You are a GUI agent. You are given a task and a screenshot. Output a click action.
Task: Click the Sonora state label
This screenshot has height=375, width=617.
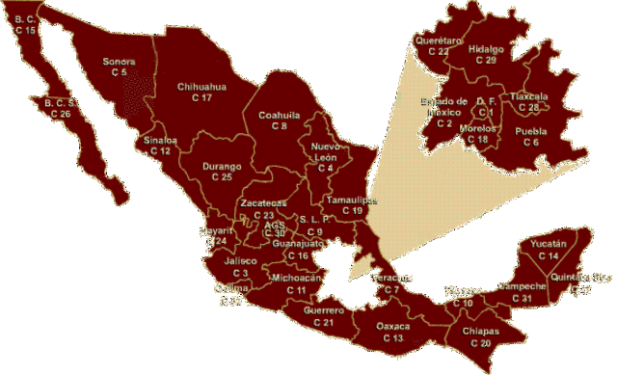tap(119, 62)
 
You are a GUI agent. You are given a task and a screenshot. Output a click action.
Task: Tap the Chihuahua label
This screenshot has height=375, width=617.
tap(201, 87)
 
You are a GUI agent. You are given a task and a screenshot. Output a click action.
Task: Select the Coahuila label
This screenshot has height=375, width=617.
tap(280, 115)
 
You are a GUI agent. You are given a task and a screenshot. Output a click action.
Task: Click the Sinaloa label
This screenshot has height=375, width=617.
tap(160, 141)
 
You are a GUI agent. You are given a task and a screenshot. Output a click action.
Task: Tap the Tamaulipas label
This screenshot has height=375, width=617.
tap(351, 200)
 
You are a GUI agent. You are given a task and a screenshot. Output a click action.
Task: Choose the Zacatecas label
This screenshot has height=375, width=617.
tap(263, 203)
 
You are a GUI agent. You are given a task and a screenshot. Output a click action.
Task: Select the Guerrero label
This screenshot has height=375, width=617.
tap(323, 310)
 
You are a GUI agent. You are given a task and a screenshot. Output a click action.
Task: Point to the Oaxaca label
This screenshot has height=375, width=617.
tap(392, 327)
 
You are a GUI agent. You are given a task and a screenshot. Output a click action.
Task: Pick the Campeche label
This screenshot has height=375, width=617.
tap(522, 287)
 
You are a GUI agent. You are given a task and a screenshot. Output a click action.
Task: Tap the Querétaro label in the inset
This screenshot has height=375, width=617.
tap(431, 40)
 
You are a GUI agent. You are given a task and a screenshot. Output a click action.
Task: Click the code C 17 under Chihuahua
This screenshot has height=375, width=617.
tap(201, 98)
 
